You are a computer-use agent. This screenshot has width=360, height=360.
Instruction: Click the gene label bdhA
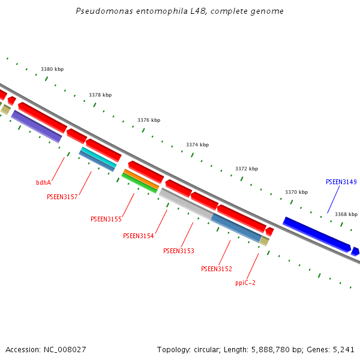tap(43, 182)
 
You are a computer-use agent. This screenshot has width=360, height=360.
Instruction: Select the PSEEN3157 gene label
tap(62, 197)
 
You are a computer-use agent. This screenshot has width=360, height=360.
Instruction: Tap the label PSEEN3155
tap(106, 219)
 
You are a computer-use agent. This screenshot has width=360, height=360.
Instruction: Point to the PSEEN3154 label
tap(138, 236)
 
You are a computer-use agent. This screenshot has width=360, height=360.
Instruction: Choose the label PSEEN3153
tap(178, 251)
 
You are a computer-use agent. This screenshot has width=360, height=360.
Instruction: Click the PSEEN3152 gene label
tap(216, 269)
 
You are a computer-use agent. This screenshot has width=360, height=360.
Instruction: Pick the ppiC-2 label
tap(245, 283)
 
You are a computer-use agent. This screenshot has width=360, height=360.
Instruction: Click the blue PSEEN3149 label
tap(341, 182)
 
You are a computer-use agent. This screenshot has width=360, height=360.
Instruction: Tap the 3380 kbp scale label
tap(52, 70)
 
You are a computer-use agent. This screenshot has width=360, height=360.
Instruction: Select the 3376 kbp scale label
tap(149, 120)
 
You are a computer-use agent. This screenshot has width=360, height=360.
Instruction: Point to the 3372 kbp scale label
tap(246, 169)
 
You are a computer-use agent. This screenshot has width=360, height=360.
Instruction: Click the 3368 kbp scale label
tap(346, 214)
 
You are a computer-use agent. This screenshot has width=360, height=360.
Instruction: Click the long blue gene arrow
tap(316, 234)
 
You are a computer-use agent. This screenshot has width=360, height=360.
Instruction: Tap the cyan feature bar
tap(98, 157)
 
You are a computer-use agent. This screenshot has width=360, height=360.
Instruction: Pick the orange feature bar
tap(140, 179)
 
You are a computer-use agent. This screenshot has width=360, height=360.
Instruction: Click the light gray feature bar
tap(185, 203)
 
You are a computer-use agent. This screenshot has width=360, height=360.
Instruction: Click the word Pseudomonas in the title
tap(102, 11)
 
